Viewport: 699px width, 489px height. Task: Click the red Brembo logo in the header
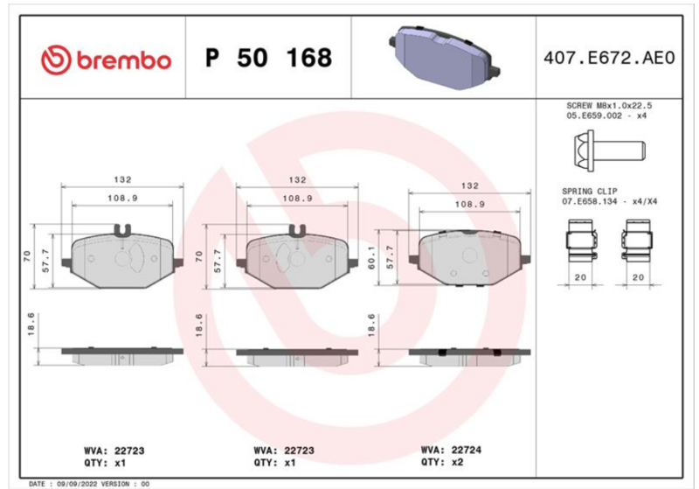(x=106, y=59)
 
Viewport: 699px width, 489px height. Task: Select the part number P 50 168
(x=268, y=58)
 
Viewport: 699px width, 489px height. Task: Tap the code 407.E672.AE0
(x=609, y=58)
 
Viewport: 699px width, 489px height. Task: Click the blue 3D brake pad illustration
(x=445, y=58)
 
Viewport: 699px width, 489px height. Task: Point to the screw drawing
(x=609, y=150)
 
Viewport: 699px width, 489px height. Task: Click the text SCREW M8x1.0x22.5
(x=609, y=106)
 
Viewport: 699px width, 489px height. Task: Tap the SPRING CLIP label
(x=589, y=192)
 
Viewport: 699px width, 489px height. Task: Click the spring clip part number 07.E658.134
(x=589, y=201)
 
